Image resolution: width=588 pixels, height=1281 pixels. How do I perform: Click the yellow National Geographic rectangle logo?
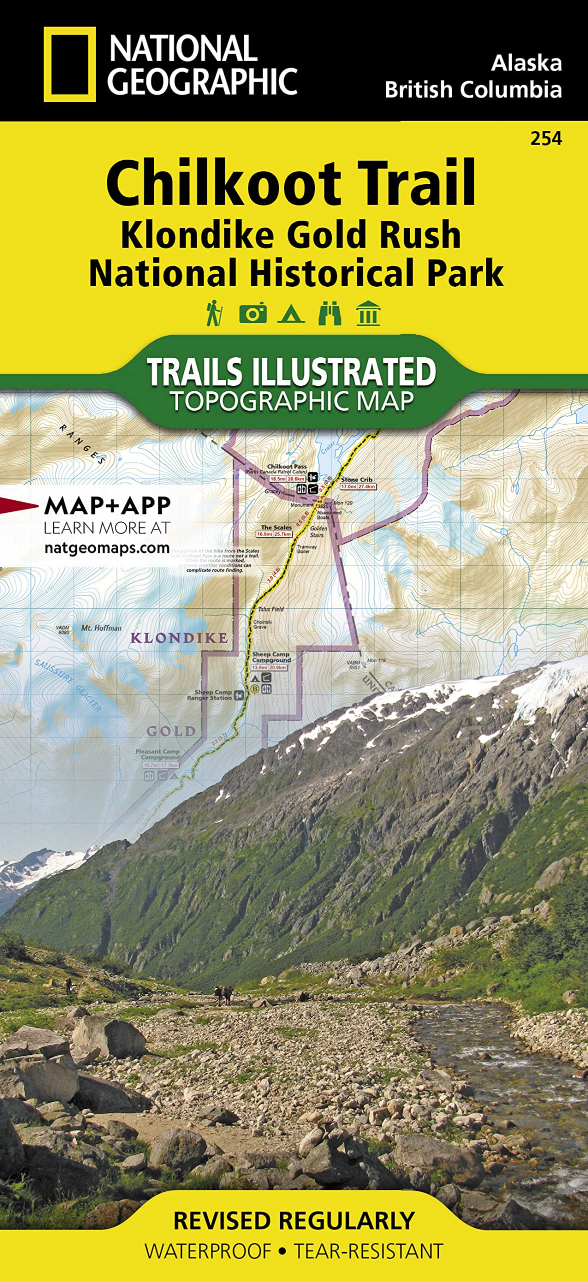(x=69, y=65)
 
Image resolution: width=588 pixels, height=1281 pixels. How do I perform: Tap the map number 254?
(x=546, y=139)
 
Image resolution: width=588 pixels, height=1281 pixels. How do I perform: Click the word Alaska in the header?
(x=526, y=63)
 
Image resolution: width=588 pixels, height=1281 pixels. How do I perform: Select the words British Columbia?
(x=473, y=90)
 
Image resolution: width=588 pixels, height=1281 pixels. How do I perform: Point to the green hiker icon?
(x=214, y=313)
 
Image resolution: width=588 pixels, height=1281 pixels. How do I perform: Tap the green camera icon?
(x=252, y=314)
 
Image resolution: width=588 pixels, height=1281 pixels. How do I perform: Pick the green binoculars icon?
(x=329, y=314)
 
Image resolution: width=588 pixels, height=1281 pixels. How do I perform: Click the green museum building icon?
(x=368, y=314)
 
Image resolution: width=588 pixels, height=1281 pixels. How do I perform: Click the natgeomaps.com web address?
(x=107, y=548)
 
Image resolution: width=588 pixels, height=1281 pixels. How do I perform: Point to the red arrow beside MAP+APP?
(x=18, y=505)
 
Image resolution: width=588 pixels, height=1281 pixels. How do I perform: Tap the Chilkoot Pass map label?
(x=287, y=466)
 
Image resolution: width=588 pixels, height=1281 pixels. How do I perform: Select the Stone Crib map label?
(x=356, y=479)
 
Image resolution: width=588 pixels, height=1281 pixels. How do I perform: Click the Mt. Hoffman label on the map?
(x=101, y=628)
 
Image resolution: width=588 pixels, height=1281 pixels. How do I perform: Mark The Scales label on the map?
(x=276, y=527)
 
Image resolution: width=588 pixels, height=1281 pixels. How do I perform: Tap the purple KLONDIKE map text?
(x=179, y=638)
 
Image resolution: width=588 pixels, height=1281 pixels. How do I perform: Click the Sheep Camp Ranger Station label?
(x=210, y=695)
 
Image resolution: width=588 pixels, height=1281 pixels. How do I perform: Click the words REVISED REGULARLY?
(x=294, y=1221)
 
